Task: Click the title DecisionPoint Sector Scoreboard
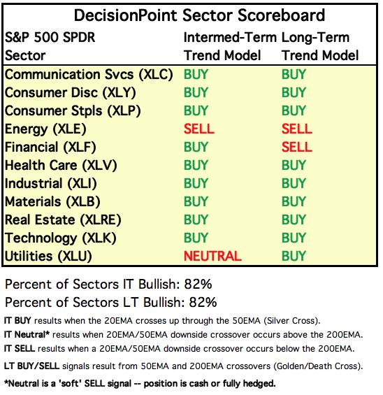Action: (x=199, y=15)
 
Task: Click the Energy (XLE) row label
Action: (x=45, y=129)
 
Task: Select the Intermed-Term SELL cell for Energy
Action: (x=199, y=129)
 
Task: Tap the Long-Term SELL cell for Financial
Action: (x=297, y=147)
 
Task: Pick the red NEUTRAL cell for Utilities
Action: (x=212, y=256)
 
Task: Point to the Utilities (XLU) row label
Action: (x=48, y=257)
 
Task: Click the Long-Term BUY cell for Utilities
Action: (x=294, y=256)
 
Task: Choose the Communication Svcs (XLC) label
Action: (x=89, y=75)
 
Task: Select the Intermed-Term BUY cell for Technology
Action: (x=196, y=238)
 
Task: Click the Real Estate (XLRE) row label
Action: (x=63, y=220)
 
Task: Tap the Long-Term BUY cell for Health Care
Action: (x=294, y=165)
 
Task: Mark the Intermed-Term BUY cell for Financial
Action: (x=196, y=147)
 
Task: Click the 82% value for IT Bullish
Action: (x=198, y=284)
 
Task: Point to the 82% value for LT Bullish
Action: (x=203, y=302)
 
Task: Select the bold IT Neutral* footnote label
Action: (x=27, y=335)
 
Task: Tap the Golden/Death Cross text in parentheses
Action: (x=318, y=366)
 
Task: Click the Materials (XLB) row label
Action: (x=52, y=202)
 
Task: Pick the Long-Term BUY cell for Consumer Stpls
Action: (x=294, y=110)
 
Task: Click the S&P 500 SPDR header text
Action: (x=50, y=37)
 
